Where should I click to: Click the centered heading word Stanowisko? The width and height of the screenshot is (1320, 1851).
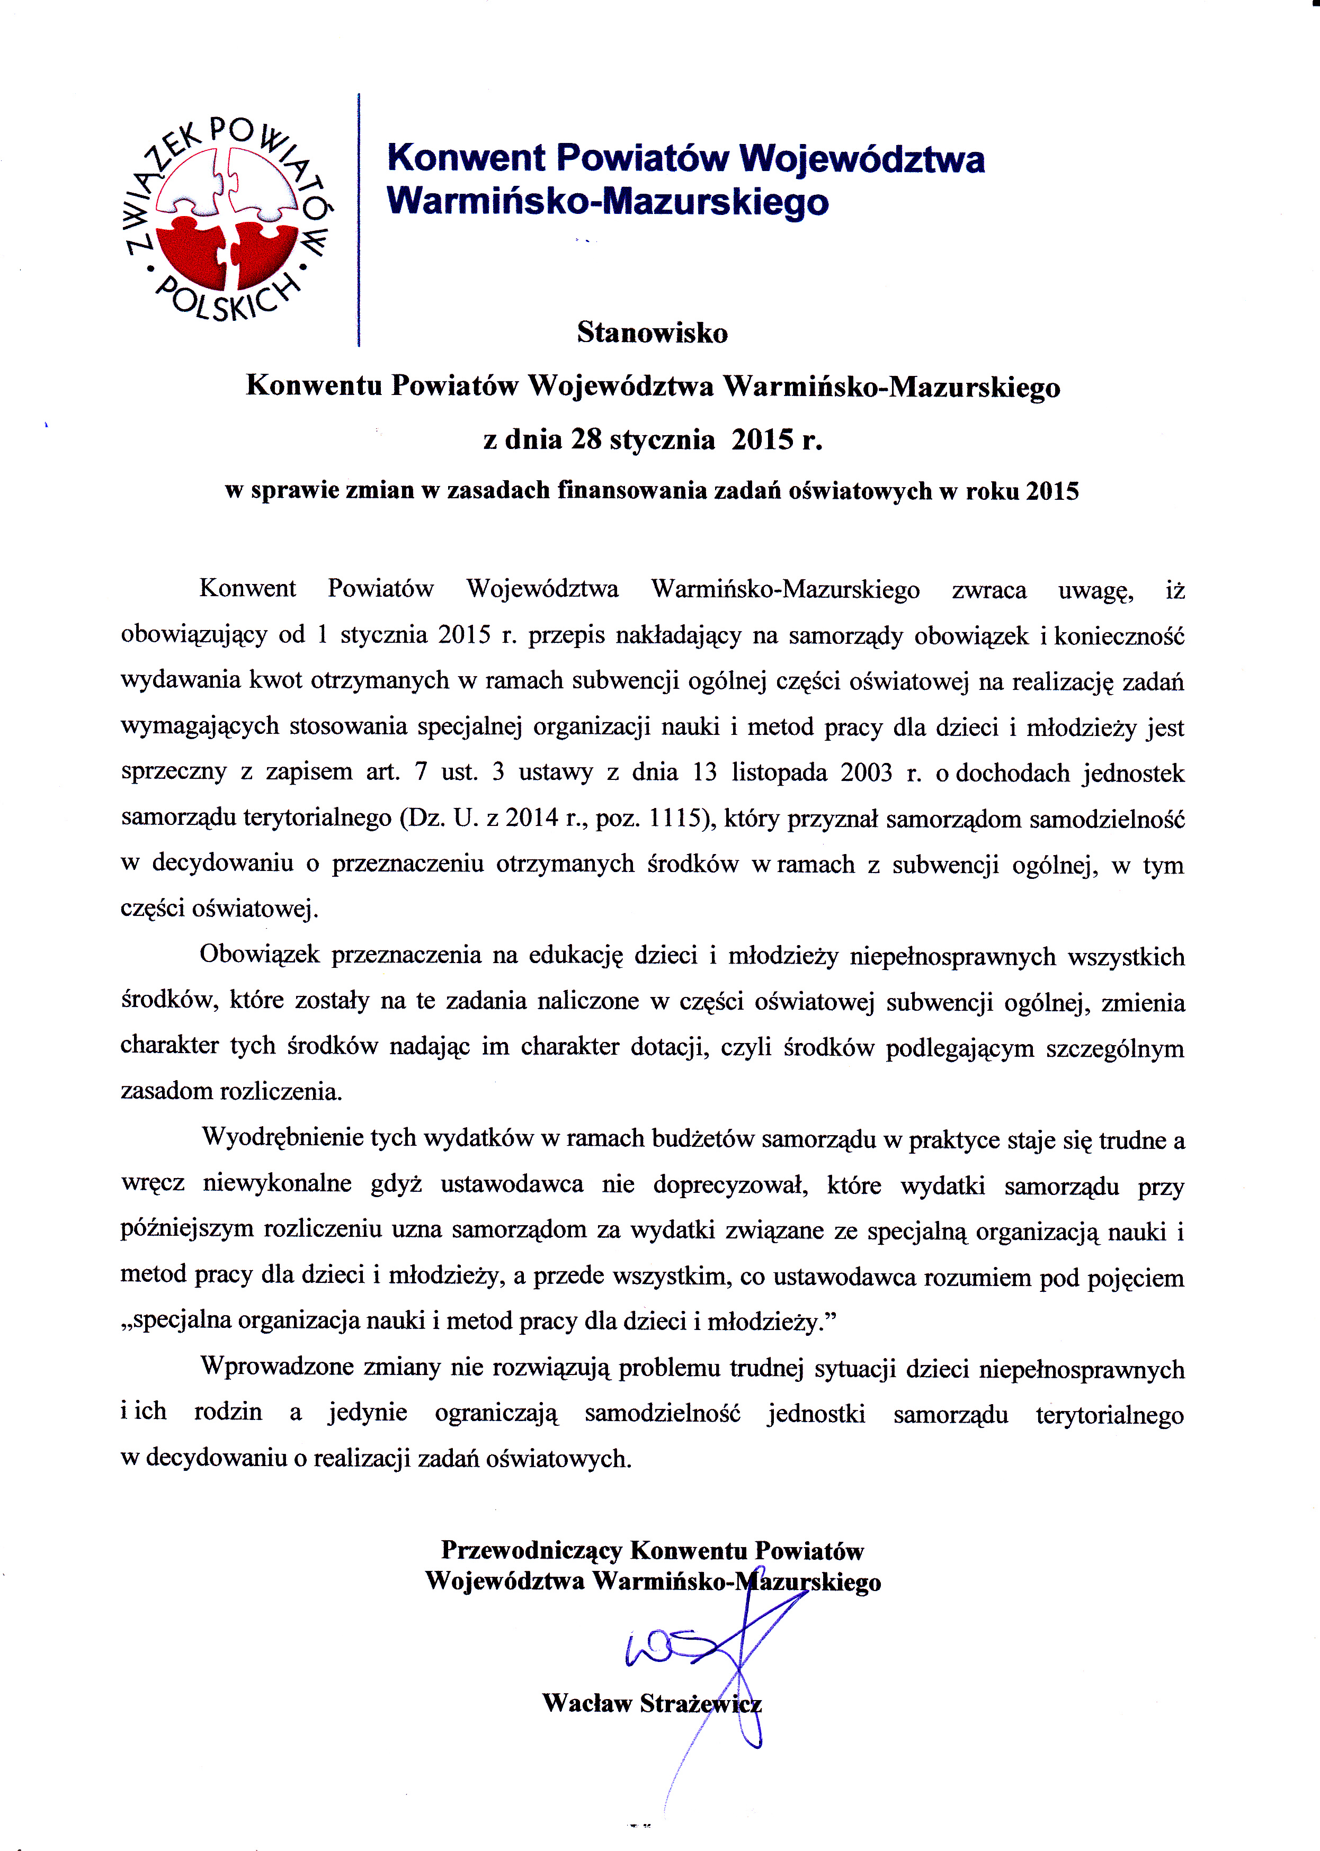click(x=652, y=333)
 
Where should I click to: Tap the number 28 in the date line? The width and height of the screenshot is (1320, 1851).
click(x=585, y=439)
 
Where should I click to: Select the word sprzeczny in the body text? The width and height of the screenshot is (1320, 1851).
click(x=173, y=772)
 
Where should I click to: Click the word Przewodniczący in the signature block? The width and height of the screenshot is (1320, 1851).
click(x=532, y=1550)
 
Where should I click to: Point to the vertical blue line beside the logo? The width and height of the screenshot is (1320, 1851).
click(x=359, y=219)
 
